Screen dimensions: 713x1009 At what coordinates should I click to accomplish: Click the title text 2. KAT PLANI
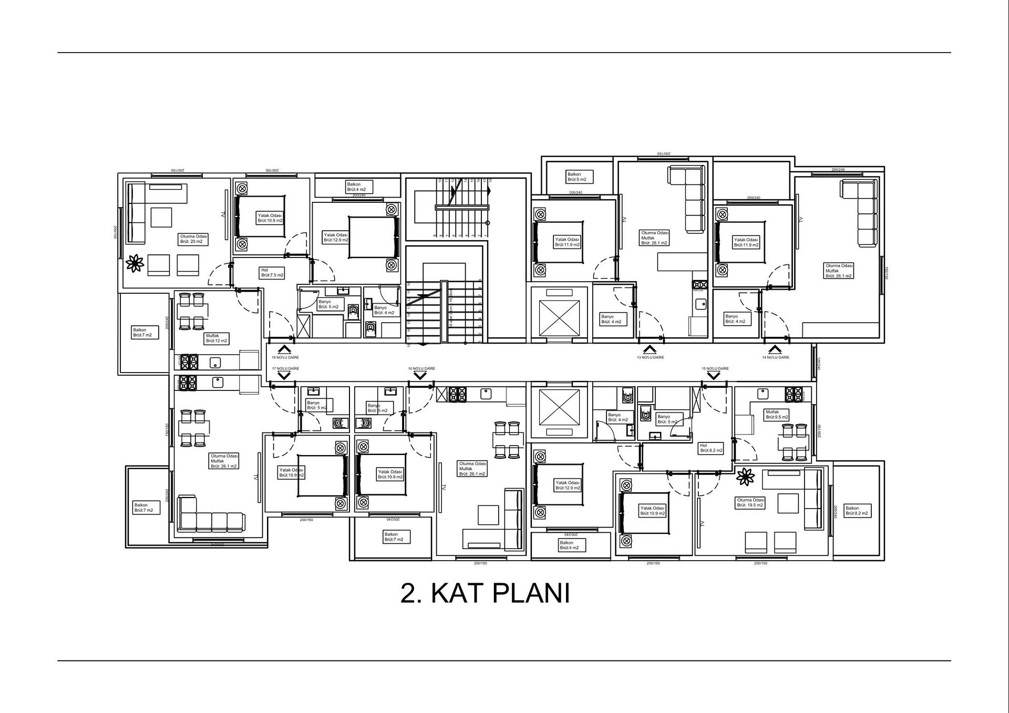tap(485, 593)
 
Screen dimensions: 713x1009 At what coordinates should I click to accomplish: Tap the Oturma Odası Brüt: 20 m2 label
tap(193, 239)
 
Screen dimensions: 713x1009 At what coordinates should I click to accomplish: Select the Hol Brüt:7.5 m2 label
tap(272, 273)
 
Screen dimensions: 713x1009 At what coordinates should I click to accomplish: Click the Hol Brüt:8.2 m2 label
tap(712, 448)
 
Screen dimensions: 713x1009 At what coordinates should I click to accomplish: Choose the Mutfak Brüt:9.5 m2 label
tap(777, 415)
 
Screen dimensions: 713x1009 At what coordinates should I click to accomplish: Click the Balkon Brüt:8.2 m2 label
tap(857, 511)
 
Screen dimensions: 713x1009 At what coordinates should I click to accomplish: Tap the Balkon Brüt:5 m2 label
tap(580, 177)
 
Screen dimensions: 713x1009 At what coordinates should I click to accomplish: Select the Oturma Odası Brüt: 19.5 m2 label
tap(750, 503)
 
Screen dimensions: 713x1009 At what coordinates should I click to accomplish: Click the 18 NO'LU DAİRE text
tap(285, 357)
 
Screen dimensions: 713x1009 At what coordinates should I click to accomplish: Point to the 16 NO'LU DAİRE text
tap(421, 369)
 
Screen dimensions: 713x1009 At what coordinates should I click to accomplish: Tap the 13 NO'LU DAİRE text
tap(650, 357)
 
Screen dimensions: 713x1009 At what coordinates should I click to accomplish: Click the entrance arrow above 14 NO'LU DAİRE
tap(774, 349)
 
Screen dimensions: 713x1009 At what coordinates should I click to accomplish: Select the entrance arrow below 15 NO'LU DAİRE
tap(714, 376)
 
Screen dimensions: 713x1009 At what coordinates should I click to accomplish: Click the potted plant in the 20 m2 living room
tap(135, 263)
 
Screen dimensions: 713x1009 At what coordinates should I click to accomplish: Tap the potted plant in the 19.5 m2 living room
tap(745, 477)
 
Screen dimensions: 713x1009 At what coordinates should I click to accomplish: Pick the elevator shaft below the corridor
tap(559, 408)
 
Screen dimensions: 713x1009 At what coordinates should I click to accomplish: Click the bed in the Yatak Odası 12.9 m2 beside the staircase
tap(372, 237)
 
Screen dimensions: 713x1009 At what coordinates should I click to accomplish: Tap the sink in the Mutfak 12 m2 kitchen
tap(215, 362)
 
